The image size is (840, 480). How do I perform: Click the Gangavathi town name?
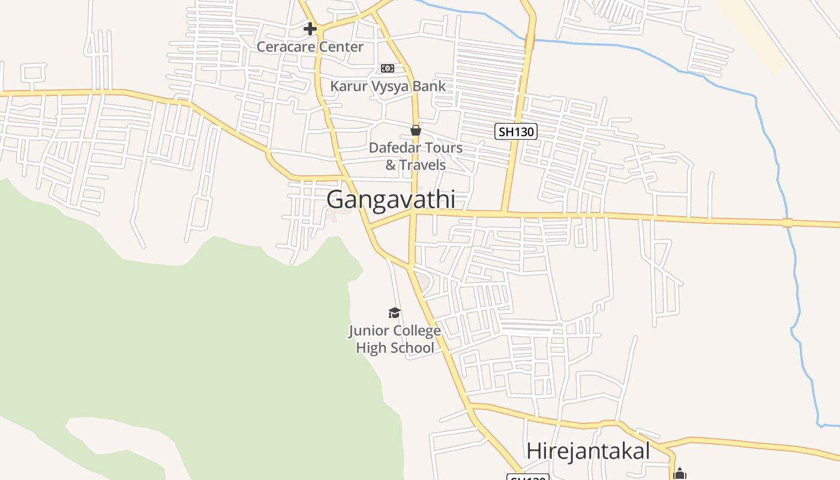(391, 200)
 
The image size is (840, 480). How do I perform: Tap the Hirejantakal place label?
(587, 451)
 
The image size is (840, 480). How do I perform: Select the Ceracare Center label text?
(310, 47)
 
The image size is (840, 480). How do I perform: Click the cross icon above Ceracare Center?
(310, 28)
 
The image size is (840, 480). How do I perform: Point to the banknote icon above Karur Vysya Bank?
(388, 68)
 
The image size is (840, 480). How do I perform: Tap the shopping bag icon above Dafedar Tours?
(415, 130)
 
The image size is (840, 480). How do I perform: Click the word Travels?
(423, 165)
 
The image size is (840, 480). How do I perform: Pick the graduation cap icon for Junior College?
(394, 313)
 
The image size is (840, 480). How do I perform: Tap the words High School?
(395, 348)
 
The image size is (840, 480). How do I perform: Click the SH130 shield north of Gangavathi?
(515, 131)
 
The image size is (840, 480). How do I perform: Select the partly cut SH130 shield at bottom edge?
(527, 477)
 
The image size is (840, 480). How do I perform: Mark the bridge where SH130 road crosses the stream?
(530, 41)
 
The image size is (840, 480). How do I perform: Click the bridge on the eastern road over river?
(787, 223)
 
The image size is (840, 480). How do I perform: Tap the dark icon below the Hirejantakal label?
(679, 474)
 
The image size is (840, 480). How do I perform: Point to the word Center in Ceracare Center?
(343, 47)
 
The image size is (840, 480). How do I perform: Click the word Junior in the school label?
(368, 331)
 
